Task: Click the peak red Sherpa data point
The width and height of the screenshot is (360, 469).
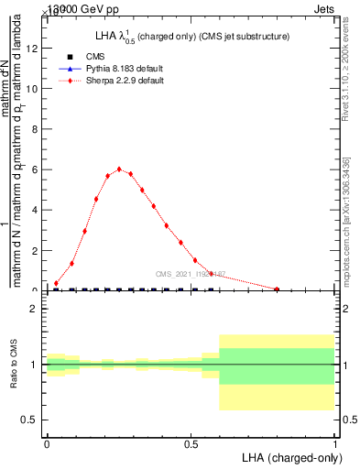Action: point(119,169)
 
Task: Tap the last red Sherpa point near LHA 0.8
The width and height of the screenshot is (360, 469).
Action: point(278,289)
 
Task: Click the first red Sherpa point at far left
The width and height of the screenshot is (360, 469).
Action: point(57,283)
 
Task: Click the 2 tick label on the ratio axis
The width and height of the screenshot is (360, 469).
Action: point(34,310)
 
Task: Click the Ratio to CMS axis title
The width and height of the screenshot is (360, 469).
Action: point(13,365)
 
